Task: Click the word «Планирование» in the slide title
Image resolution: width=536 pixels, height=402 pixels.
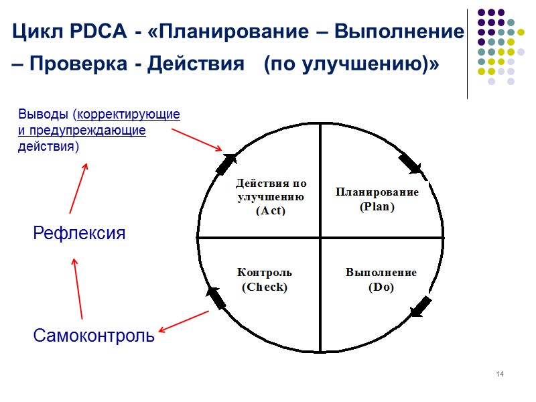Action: coord(232,32)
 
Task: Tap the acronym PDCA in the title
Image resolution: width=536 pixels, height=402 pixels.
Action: coord(94,32)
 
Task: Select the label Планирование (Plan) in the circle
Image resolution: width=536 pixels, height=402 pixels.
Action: coord(377,199)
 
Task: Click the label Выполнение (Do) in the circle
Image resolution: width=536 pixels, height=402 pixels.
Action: coord(381,279)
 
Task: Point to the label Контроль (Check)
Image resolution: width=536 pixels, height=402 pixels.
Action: coord(265,279)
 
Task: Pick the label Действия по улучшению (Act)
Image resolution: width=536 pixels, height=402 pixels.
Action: coord(271,196)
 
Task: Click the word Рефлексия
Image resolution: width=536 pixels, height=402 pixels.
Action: coord(79,234)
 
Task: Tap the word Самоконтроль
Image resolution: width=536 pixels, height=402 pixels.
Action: coord(94,336)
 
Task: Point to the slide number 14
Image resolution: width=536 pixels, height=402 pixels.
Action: coord(500,373)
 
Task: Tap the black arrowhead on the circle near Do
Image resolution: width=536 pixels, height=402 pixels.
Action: coord(421,306)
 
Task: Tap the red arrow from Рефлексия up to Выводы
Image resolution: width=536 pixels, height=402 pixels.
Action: coord(78,189)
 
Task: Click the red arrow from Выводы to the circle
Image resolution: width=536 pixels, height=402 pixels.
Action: coord(196,139)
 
